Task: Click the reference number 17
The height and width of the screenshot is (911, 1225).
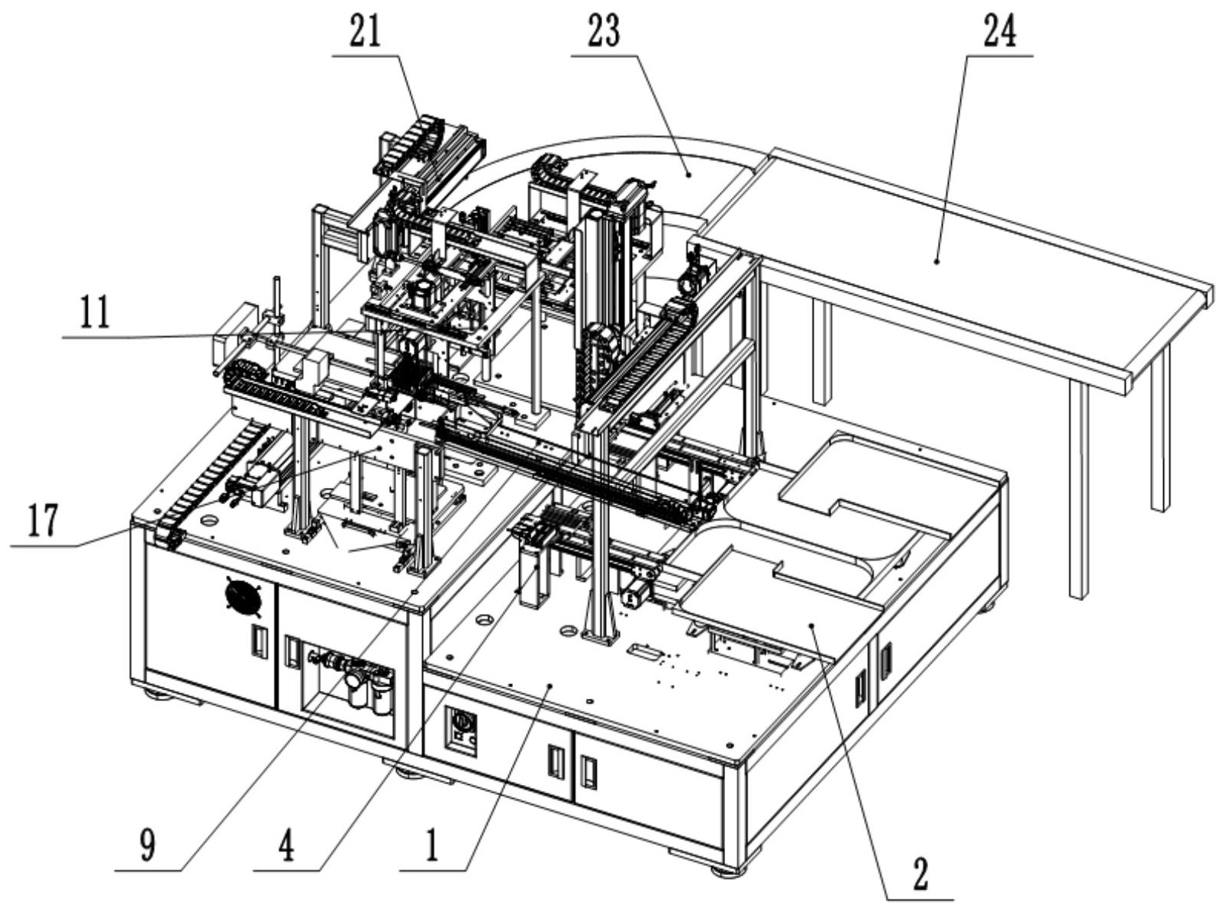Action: tap(42, 521)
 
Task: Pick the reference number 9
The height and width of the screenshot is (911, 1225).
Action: tap(148, 846)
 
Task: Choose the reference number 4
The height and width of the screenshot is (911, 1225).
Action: tap(286, 846)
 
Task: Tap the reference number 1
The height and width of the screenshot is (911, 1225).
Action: tap(431, 846)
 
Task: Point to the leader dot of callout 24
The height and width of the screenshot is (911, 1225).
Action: tap(936, 260)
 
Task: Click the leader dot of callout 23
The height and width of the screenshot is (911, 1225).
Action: tap(688, 175)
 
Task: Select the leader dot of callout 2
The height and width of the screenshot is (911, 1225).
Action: tap(812, 625)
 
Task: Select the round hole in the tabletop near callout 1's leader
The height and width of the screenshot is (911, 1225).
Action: tap(483, 619)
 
